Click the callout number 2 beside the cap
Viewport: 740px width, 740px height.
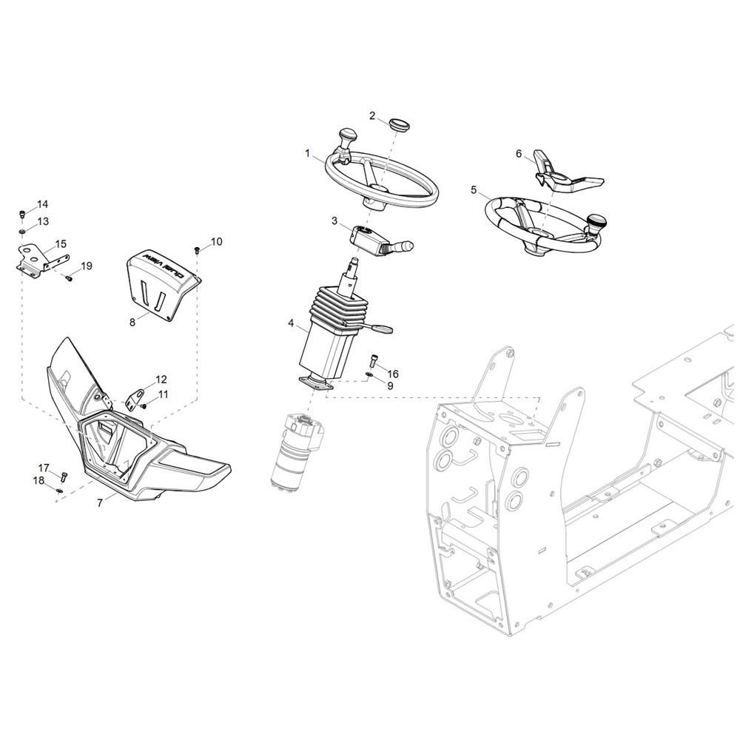372,115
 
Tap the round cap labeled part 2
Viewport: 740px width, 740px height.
400,126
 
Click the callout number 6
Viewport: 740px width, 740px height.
519,154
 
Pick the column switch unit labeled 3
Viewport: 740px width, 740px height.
380,240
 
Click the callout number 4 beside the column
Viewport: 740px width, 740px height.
291,323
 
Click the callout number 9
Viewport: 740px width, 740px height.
390,386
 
